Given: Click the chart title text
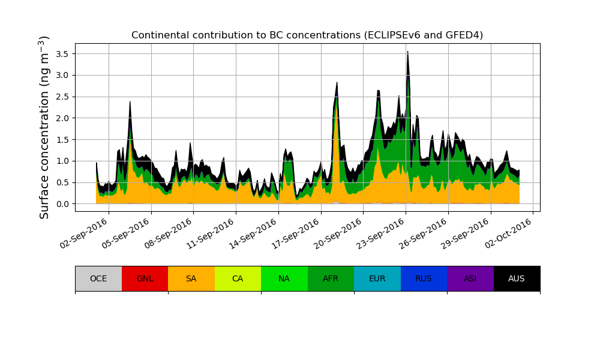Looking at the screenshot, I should click(307, 35).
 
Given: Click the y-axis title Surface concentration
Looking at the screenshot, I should click(44, 127).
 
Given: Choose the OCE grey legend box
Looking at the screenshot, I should click(98, 278).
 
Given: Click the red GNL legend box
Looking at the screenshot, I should click(145, 278).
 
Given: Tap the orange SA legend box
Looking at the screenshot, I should click(191, 278).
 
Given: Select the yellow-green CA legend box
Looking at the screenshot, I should click(238, 278).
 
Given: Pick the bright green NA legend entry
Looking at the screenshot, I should click(284, 278).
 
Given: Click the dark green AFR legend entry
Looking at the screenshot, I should click(331, 278).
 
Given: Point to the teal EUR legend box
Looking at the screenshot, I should click(377, 278).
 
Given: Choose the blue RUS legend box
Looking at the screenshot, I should click(424, 278).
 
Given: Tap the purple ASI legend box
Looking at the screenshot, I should click(470, 278).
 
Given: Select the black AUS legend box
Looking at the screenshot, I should click(517, 278).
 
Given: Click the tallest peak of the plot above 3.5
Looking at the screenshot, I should click(407, 52).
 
